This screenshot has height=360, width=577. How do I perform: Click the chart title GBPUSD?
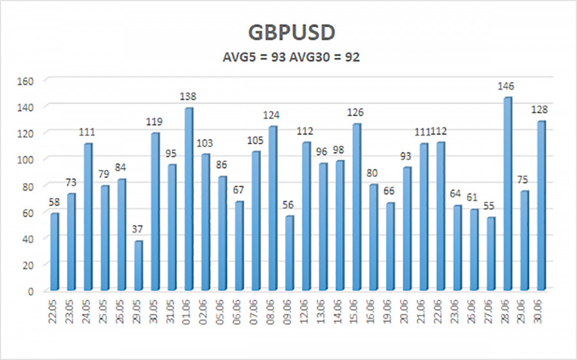289,33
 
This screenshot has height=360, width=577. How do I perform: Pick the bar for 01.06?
188,199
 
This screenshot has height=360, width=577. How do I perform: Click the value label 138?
188,97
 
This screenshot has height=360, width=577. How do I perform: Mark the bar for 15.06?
356,207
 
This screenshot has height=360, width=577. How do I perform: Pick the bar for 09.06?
289,253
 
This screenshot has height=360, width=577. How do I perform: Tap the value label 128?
541,110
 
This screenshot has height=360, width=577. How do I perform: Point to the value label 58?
54,202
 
